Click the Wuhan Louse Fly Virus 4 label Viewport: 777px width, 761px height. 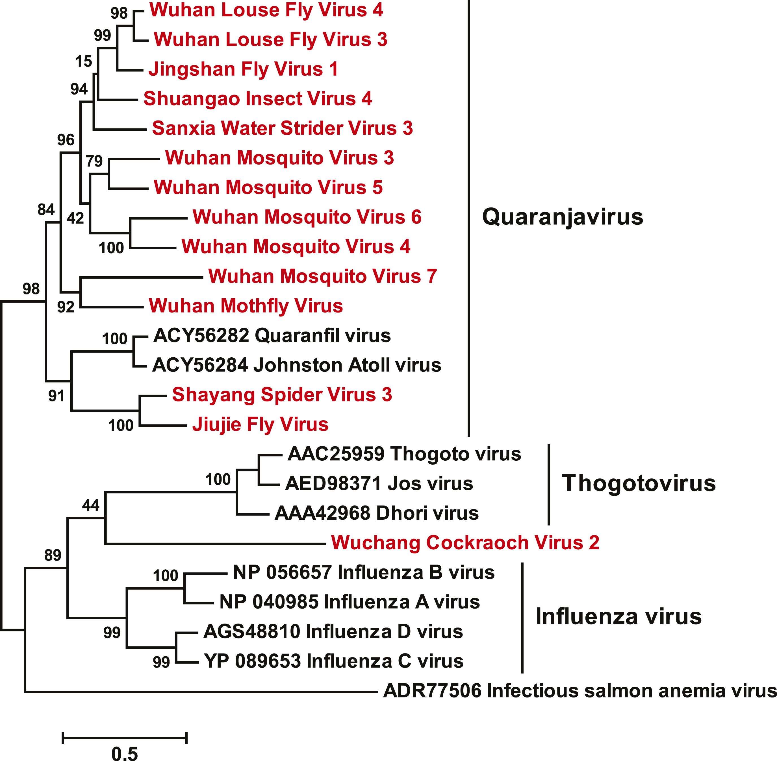pos(266,10)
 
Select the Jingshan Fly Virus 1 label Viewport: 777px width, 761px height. pos(243,69)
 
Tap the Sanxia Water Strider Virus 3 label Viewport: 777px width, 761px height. pos(283,128)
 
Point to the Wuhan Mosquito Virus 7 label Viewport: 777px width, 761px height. pos(322,276)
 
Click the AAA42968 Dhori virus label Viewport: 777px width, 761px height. pos(377,513)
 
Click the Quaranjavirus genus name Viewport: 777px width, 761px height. pos(563,217)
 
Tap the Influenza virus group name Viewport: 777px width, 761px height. pos(618,616)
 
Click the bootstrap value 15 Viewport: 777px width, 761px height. pos(84,62)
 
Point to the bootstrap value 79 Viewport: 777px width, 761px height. pos(94,161)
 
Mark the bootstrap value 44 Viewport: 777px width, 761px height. pos(91,506)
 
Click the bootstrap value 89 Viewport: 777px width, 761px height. pos(53,555)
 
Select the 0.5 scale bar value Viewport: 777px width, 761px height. pos(124,754)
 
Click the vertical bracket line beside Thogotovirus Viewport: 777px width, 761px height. pos(549,484)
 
